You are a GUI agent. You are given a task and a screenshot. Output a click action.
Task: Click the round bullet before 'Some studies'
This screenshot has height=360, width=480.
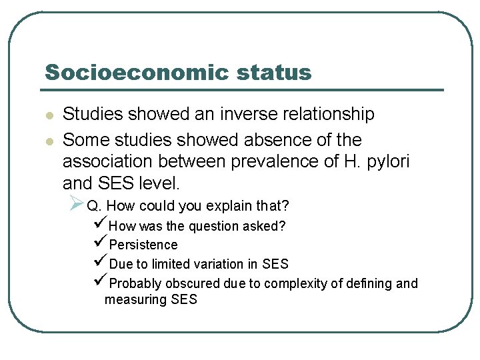pos(48,141)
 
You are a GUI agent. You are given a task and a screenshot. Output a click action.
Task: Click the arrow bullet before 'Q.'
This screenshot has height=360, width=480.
pos(75,203)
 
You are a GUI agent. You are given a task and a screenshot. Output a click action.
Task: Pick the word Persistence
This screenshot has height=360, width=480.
pos(143,245)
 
